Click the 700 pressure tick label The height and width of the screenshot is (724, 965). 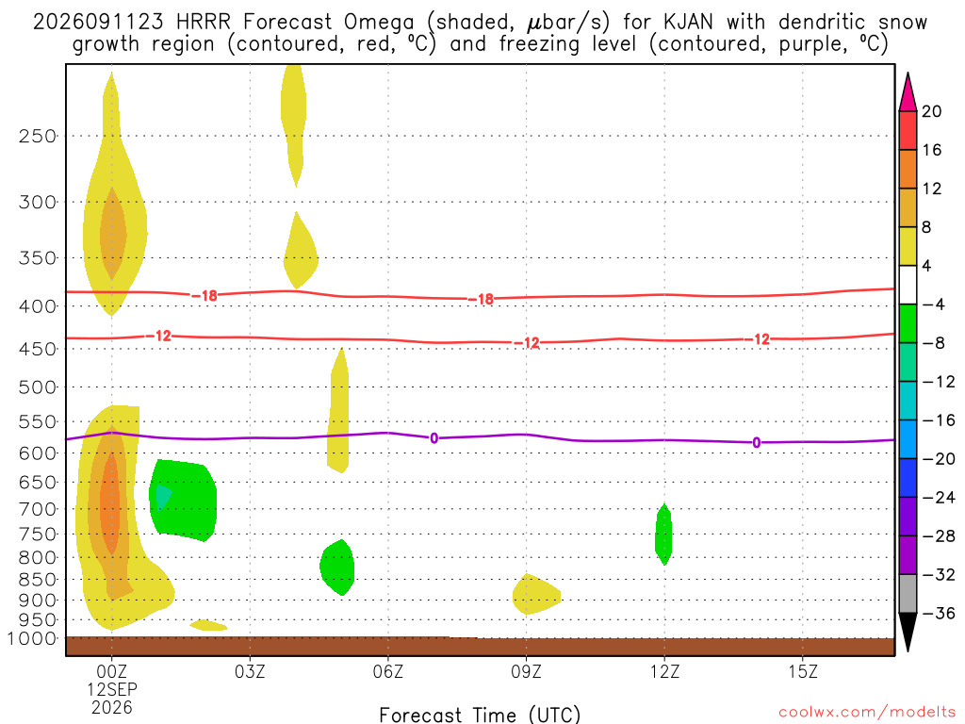(x=38, y=509)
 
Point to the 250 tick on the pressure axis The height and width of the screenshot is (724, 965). (x=38, y=136)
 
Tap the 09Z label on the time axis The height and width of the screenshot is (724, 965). (x=526, y=671)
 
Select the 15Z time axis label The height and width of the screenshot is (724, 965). (x=803, y=671)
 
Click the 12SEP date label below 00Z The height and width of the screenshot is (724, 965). (x=112, y=689)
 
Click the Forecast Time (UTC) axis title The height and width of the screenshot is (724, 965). (x=480, y=715)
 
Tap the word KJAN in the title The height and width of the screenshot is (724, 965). (x=688, y=23)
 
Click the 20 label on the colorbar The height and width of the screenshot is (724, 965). (x=932, y=111)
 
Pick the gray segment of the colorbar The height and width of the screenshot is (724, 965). (x=908, y=594)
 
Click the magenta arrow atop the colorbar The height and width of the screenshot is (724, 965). (x=908, y=93)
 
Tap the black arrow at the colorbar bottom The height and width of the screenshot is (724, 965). (x=908, y=631)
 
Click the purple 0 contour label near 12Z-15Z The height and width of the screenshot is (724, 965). (x=757, y=443)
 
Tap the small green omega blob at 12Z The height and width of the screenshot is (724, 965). (x=663, y=534)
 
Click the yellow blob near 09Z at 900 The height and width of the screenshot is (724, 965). (x=535, y=595)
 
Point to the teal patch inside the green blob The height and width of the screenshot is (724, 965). (x=162, y=496)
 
